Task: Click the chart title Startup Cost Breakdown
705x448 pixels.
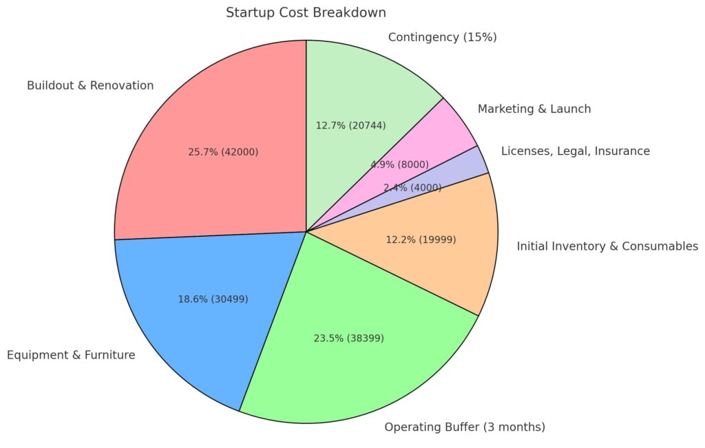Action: click(x=306, y=12)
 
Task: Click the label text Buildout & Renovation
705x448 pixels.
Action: click(x=90, y=85)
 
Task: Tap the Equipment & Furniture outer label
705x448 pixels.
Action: click(x=71, y=355)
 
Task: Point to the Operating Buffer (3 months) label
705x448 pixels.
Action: click(x=465, y=427)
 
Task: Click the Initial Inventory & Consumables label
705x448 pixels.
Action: click(x=607, y=246)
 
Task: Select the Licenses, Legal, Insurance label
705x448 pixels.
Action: click(x=575, y=151)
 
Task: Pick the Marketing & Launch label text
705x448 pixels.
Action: click(x=534, y=109)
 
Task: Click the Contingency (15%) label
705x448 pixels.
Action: click(x=442, y=37)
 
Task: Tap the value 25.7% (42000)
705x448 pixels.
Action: click(x=223, y=151)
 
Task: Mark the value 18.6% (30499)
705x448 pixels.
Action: click(x=213, y=299)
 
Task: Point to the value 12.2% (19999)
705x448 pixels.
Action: click(x=420, y=239)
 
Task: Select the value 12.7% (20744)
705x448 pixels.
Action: click(x=350, y=125)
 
